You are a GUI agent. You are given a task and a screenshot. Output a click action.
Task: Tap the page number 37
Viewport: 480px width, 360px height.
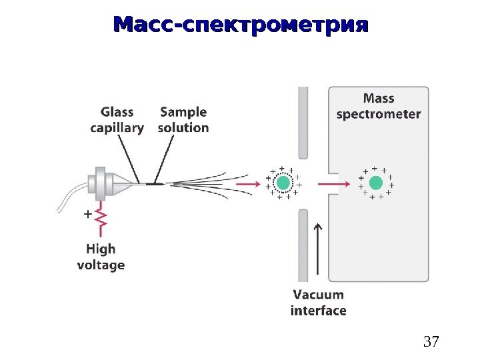pyautogui.click(x=432, y=343)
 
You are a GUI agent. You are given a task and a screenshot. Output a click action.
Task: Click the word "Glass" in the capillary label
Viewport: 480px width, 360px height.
pyautogui.click(x=117, y=112)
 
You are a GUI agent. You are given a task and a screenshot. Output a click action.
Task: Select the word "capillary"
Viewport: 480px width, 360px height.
pyautogui.click(x=117, y=128)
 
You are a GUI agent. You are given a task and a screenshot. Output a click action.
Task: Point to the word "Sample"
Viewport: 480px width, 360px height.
pyautogui.click(x=183, y=112)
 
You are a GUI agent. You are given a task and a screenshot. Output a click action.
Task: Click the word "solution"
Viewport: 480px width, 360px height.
pyautogui.click(x=183, y=127)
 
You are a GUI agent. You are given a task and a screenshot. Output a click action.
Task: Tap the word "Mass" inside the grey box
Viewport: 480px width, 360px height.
pyautogui.click(x=379, y=98)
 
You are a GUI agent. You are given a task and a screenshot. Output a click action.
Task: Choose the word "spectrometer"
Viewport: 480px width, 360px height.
pyautogui.click(x=379, y=114)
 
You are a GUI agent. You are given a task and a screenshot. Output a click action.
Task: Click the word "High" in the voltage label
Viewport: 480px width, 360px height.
pyautogui.click(x=101, y=249)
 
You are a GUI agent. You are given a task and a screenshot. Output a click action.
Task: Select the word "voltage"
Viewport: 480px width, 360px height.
pyautogui.click(x=101, y=265)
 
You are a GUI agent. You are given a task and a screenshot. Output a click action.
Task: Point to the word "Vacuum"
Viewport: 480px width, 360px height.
pyautogui.click(x=319, y=294)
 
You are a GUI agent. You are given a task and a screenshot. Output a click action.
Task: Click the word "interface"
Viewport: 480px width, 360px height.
pyautogui.click(x=319, y=310)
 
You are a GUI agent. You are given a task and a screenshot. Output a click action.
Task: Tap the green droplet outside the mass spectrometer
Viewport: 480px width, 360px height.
pyautogui.click(x=283, y=183)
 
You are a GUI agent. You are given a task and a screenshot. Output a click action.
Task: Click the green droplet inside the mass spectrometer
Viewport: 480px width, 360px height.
pyautogui.click(x=376, y=183)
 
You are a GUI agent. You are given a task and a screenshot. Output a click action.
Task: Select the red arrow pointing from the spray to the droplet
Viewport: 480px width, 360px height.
pyautogui.click(x=246, y=183)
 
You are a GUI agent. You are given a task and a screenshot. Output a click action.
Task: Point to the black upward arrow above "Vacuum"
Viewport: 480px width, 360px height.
pyautogui.click(x=318, y=250)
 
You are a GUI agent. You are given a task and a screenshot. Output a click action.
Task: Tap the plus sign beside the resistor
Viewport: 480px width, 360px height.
pyautogui.click(x=86, y=215)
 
